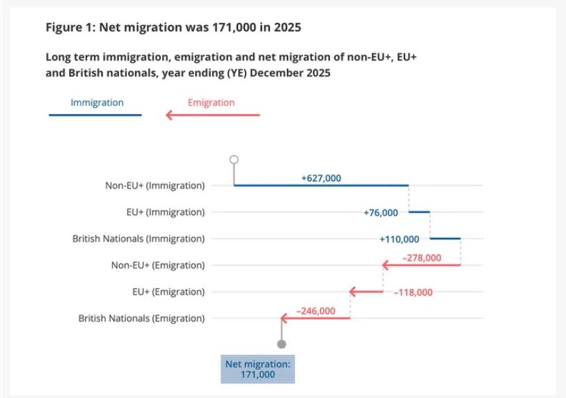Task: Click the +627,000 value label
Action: [321, 178]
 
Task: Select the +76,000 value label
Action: [380, 212]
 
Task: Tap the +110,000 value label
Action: [399, 239]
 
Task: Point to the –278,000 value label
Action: [422, 258]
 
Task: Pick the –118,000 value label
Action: [413, 292]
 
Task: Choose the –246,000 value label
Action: [316, 311]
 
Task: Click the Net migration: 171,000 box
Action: [258, 369]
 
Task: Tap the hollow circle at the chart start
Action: [234, 159]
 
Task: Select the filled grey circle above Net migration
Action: [281, 344]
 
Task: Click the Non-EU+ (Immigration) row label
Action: [155, 186]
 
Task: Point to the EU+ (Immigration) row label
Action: [165, 212]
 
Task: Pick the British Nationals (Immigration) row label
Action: [139, 239]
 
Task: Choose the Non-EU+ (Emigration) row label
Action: [158, 265]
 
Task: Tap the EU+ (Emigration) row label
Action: [168, 292]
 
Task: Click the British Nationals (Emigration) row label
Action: [141, 318]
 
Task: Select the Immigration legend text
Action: [97, 102]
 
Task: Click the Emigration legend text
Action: [211, 102]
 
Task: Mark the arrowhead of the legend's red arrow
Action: [168, 115]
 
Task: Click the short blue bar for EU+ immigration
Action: [419, 212]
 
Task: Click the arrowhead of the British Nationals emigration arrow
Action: [284, 318]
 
